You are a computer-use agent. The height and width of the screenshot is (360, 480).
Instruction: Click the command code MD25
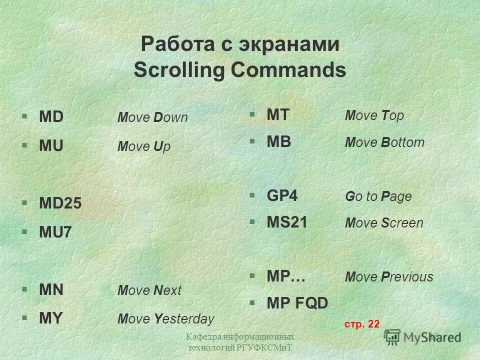click(60, 204)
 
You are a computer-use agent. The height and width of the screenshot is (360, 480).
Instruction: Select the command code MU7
click(56, 232)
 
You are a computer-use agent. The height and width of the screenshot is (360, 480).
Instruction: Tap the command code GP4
click(282, 196)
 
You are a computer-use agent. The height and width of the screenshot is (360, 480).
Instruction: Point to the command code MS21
click(287, 222)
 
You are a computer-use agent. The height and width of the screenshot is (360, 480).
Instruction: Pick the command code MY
click(51, 318)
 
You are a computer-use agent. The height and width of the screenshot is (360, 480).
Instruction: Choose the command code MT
click(278, 115)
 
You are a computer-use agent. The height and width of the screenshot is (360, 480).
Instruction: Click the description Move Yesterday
click(165, 319)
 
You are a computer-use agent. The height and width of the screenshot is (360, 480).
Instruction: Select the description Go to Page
click(378, 196)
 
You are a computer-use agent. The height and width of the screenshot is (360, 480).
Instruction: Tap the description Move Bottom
click(384, 142)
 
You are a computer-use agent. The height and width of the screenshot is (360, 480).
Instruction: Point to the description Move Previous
click(389, 277)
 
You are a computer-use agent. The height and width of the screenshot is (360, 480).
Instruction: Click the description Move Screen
click(384, 223)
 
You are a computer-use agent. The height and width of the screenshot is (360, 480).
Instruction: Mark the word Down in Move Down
click(170, 118)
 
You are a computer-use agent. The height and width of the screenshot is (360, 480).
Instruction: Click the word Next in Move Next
click(167, 290)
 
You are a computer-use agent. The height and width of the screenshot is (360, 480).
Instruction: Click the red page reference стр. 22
click(362, 324)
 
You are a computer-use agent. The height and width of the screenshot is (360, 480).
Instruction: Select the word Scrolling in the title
click(176, 70)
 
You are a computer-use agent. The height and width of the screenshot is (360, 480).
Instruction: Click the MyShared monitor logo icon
click(393, 336)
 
